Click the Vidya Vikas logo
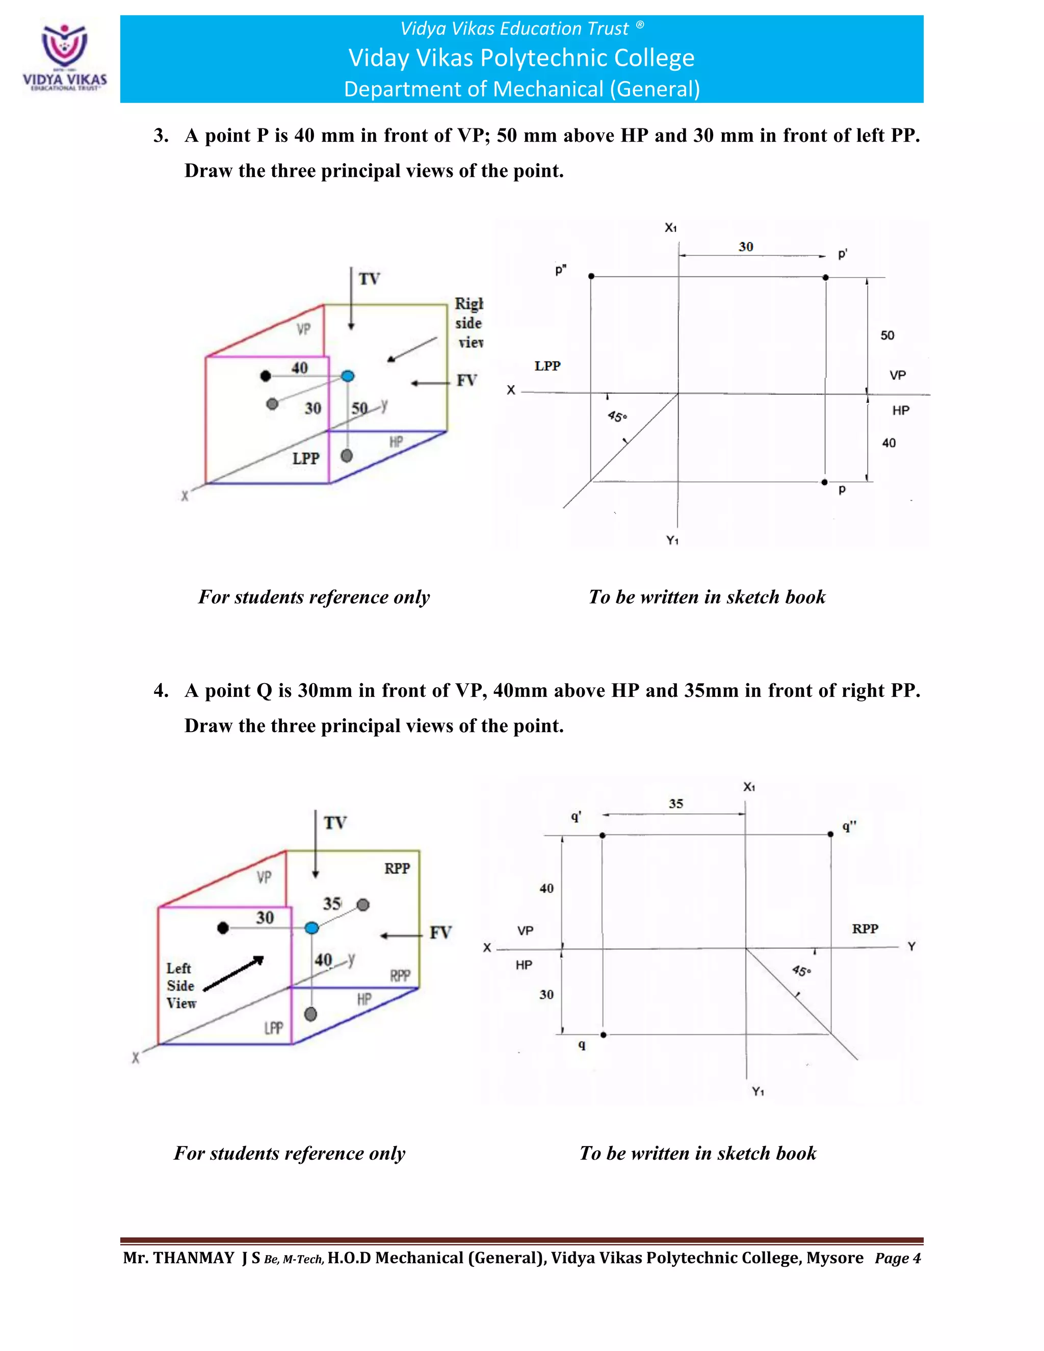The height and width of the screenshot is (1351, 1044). click(64, 57)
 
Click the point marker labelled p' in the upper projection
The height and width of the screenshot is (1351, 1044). click(825, 277)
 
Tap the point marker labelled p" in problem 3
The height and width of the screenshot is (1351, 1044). click(591, 276)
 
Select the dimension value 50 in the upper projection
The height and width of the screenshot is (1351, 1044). click(887, 335)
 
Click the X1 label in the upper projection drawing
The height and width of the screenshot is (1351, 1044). click(670, 228)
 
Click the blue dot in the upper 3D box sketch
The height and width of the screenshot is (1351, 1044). click(348, 376)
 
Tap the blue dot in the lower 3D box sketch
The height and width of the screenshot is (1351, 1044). click(311, 928)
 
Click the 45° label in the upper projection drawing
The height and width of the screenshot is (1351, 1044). click(617, 417)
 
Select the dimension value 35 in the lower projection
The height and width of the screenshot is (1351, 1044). click(675, 803)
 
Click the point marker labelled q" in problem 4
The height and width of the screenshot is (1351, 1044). click(830, 835)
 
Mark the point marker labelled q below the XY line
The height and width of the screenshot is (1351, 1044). click(603, 1034)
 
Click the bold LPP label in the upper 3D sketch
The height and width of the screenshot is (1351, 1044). click(305, 458)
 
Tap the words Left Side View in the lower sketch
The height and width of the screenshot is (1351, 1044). click(180, 985)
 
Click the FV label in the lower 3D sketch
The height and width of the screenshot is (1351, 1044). click(440, 932)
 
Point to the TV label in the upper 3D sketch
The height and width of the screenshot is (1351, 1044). click(369, 279)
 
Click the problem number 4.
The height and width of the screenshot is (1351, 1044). click(161, 690)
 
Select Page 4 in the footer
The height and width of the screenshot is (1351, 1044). click(897, 1258)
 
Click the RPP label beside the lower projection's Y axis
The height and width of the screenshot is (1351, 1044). click(865, 928)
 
